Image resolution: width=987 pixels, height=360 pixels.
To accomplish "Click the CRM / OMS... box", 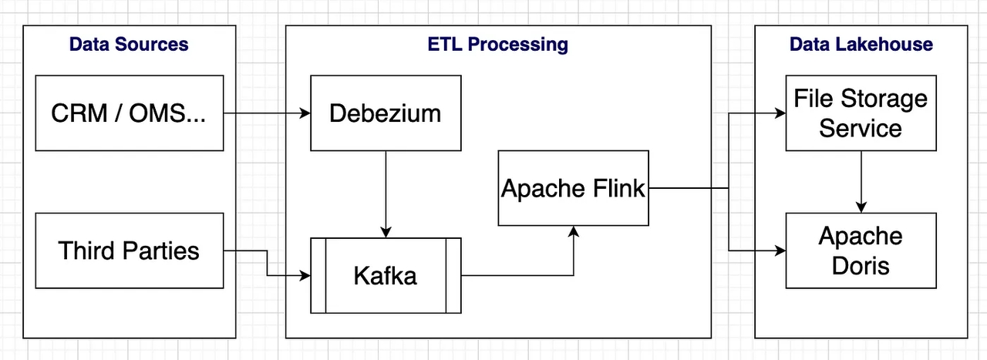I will click(x=129, y=113).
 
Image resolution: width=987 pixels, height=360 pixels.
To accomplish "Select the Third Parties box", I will click(x=129, y=251).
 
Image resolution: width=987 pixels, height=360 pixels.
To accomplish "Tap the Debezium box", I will click(x=385, y=113).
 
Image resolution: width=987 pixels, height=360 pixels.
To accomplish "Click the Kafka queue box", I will click(x=385, y=275).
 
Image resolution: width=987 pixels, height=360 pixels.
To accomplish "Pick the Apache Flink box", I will click(x=573, y=188).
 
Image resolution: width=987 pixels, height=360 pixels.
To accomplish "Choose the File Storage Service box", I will click(x=861, y=113).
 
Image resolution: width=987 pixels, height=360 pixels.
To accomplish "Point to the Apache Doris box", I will click(x=861, y=251).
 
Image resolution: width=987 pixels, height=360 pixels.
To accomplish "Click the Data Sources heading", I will click(x=129, y=44).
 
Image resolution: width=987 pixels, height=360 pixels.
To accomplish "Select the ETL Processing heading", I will click(x=497, y=44).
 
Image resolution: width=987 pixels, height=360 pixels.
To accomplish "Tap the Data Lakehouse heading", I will click(x=861, y=44).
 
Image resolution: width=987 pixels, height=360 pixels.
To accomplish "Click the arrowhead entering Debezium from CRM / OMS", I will click(x=305, y=113).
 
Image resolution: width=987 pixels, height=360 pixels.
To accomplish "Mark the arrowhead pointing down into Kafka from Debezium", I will click(x=386, y=233).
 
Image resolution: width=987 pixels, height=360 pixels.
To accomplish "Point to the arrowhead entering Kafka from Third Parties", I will click(x=305, y=275).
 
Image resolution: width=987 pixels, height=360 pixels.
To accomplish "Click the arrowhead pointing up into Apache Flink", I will click(x=573, y=231).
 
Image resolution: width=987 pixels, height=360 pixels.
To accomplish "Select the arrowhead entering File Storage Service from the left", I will click(x=780, y=113).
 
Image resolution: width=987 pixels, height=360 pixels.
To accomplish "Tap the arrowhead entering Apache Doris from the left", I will click(x=780, y=251).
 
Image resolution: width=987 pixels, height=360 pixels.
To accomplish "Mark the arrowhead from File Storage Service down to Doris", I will click(x=861, y=207).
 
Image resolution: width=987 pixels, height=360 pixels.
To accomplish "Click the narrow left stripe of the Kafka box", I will click(x=318, y=275).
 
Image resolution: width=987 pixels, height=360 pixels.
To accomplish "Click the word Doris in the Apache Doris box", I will click(x=861, y=266).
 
